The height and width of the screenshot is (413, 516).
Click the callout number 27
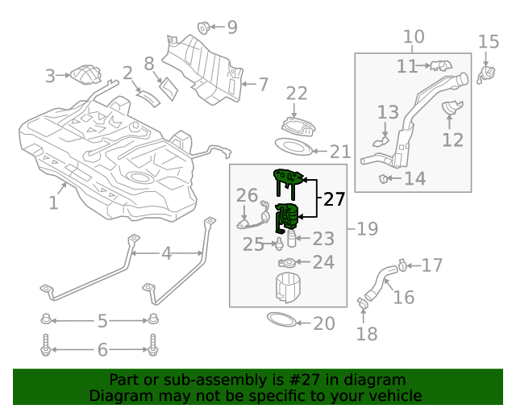click(334, 199)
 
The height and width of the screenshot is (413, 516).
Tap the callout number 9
click(232, 27)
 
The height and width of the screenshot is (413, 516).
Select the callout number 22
click(297, 94)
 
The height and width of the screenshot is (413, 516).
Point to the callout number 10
click(413, 36)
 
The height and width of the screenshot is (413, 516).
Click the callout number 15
click(489, 41)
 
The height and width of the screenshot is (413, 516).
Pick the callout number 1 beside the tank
click(53, 203)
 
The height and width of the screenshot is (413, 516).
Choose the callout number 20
click(323, 323)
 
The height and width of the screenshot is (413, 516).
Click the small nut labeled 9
click(204, 27)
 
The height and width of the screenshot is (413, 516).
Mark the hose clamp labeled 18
click(364, 304)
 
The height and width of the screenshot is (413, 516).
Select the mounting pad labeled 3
click(85, 75)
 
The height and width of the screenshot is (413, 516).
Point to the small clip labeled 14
click(387, 177)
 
